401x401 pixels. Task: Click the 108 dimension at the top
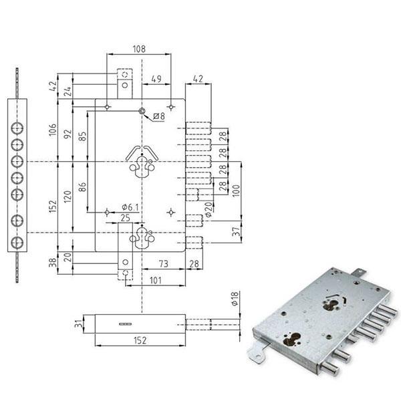tap(139, 49)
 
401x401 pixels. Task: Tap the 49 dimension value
tap(156, 79)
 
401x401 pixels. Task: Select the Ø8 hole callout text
tap(159, 116)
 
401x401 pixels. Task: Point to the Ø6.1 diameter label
tap(130, 207)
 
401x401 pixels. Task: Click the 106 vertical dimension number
tap(53, 130)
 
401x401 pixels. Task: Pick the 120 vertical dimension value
tap(68, 196)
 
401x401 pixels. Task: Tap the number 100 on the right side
tap(236, 190)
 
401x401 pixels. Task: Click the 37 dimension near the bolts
tap(237, 231)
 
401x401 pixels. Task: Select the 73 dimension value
tap(164, 264)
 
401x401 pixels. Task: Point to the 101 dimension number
tap(155, 280)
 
